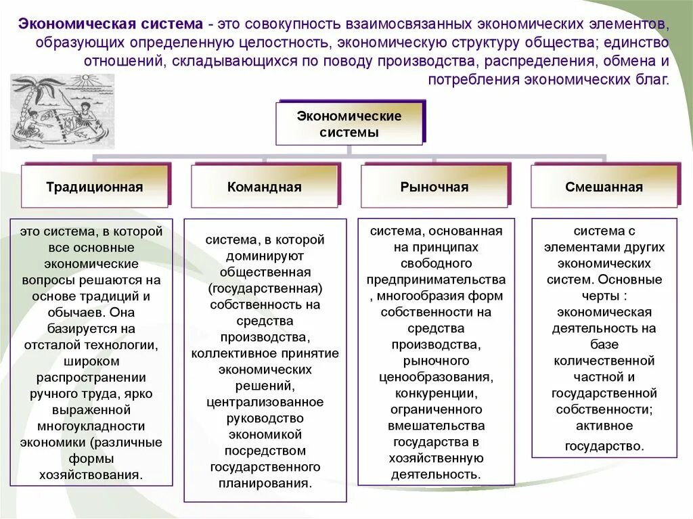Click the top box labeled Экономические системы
tap(349, 123)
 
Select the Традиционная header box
tap(95, 187)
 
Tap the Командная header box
tap(265, 187)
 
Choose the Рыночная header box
tap(434, 187)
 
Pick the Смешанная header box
tap(604, 187)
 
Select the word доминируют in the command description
tap(265, 256)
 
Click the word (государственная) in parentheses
tap(265, 288)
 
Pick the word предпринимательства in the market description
tap(437, 280)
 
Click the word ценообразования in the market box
tap(437, 378)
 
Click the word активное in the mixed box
tap(604, 426)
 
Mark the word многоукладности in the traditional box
tap(91, 426)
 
